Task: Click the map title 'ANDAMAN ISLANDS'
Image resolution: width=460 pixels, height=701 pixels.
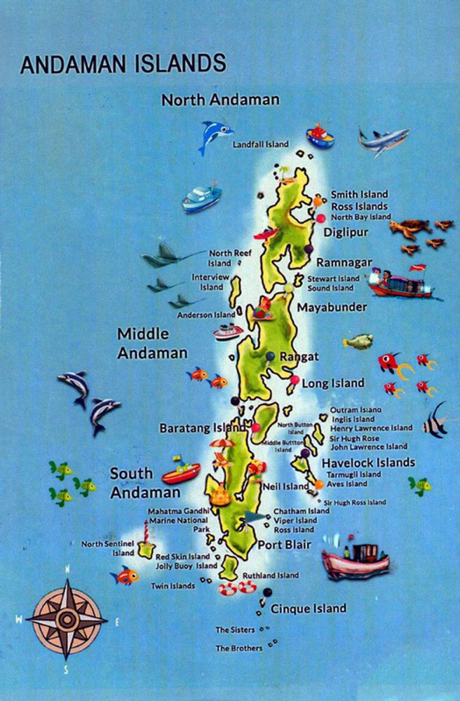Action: point(123,64)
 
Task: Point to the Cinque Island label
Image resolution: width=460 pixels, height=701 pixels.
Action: point(309,608)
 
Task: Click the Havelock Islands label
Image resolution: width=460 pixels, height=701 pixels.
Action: point(368,463)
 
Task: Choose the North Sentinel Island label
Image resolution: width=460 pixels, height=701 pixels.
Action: point(107,548)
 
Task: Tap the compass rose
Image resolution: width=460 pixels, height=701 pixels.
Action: point(67,618)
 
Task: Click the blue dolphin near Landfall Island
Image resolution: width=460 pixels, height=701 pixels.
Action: point(213,135)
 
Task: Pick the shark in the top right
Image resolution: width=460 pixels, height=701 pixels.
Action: point(383,139)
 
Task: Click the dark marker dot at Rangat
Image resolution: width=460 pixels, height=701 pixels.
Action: point(270,357)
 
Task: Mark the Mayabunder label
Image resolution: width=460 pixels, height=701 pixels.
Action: point(332,307)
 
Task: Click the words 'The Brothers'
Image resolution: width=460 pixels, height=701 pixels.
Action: point(239,648)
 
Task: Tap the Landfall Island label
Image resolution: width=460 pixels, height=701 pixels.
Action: point(260,144)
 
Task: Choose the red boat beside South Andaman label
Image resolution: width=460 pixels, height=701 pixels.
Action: point(181,472)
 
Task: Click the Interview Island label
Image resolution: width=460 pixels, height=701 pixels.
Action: point(210,282)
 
